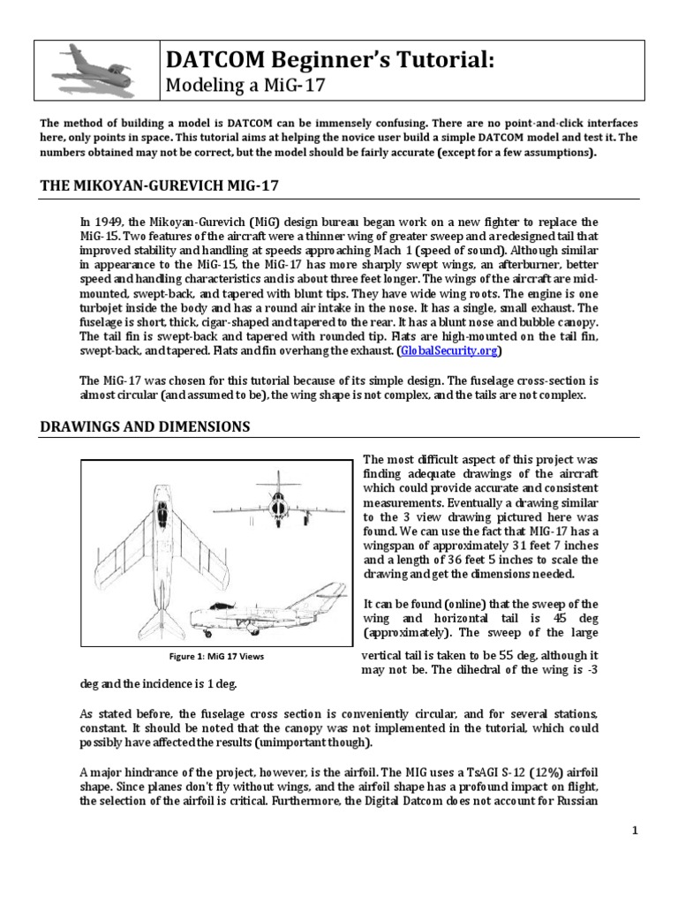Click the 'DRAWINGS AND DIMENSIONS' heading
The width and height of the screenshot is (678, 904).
pyautogui.click(x=146, y=427)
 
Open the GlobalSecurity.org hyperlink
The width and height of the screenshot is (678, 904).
pyautogui.click(x=449, y=350)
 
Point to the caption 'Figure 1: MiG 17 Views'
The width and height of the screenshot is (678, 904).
pyautogui.click(x=207, y=658)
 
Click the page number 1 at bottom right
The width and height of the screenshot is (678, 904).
pyautogui.click(x=634, y=831)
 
